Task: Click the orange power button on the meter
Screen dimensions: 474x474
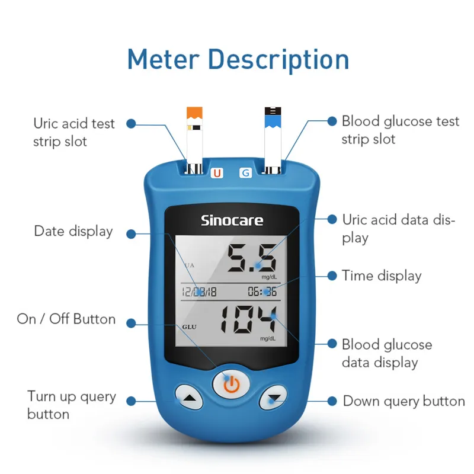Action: tap(232, 384)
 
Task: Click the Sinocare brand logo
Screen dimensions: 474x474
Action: tap(232, 220)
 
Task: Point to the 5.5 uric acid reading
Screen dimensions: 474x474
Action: tap(252, 258)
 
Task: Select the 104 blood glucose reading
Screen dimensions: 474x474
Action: tap(248, 319)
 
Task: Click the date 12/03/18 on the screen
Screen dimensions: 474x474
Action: tap(199, 292)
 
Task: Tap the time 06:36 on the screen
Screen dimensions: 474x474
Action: tap(262, 292)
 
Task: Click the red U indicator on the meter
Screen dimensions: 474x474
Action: tap(217, 173)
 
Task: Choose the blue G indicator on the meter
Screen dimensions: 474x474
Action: tap(245, 173)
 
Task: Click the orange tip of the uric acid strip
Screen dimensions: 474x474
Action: tap(194, 113)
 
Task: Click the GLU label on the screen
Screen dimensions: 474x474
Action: tap(189, 327)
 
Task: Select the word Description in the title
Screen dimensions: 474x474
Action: tap(278, 60)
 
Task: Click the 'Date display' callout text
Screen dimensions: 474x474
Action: tap(73, 232)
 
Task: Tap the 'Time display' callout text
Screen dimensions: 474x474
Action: tap(382, 276)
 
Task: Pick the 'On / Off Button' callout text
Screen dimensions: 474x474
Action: tap(66, 319)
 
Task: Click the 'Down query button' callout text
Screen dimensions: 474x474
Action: tap(404, 402)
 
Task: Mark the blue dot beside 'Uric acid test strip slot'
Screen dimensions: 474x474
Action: tap(131, 123)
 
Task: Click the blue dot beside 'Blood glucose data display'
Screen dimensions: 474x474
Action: tap(332, 344)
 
